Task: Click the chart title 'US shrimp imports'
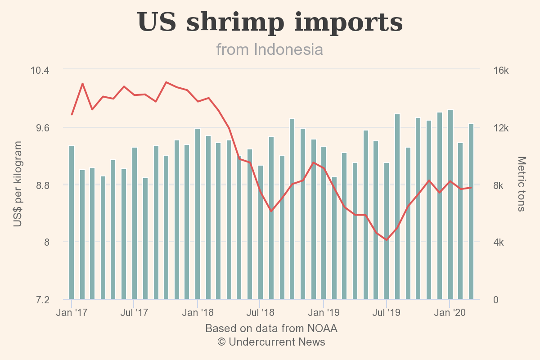(270, 22)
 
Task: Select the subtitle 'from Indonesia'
(270, 49)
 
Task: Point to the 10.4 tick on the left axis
(40, 70)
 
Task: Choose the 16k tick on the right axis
(500, 71)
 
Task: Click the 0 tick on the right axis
(495, 299)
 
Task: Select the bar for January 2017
(72, 222)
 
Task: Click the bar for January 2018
(198, 214)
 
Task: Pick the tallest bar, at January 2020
(450, 204)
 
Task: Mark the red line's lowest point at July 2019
(387, 240)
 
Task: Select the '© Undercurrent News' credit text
(271, 342)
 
